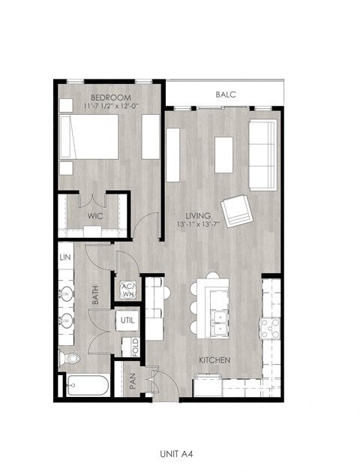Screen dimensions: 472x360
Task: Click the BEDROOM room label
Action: point(111,98)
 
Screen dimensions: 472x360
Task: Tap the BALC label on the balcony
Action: point(226,95)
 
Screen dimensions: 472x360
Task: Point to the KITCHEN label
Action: point(214,360)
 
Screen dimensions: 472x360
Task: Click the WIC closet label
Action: point(94,215)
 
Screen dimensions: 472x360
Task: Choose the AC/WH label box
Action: point(127,290)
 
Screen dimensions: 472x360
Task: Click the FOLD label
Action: point(135,347)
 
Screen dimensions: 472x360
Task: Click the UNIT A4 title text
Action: point(180,453)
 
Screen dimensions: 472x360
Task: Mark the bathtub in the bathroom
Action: point(87,386)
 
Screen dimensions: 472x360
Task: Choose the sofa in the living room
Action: point(262,155)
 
